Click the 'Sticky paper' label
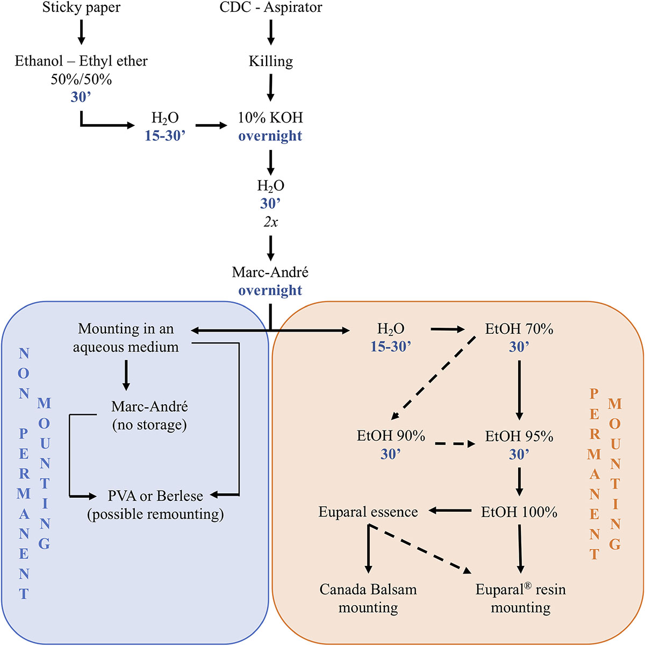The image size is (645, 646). pos(81,8)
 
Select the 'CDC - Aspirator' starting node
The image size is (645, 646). pos(270,8)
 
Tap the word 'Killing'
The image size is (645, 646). pos(270,61)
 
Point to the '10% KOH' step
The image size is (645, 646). pos(270,118)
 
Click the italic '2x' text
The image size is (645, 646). pos(270,221)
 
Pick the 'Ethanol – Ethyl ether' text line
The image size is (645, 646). pos(81,61)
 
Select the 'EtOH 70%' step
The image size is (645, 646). pos(519,329)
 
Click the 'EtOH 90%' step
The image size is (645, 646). pos(391,436)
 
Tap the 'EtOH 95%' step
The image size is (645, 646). pos(519,436)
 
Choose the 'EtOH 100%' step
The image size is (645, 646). pos(519,512)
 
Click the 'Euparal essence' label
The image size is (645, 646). pos(368,512)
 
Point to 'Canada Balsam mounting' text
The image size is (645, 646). pos(368,598)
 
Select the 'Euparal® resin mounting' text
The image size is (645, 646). pos(520,598)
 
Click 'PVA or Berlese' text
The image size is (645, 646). pos(155,496)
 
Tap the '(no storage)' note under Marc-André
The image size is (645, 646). pos(149,425)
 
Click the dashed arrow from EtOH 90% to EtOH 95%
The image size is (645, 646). pos(455,444)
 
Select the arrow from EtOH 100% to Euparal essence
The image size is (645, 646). pos(449,511)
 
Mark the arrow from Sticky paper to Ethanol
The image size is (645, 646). pos(81,32)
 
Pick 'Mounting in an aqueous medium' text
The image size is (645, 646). pos(126,338)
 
